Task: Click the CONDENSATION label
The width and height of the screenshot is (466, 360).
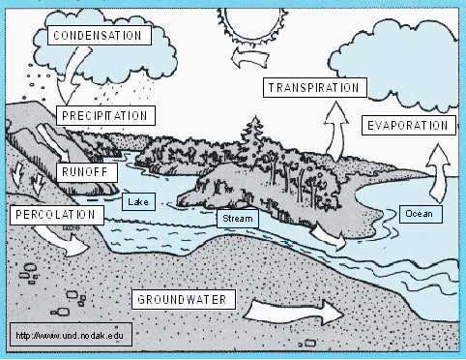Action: click(x=100, y=36)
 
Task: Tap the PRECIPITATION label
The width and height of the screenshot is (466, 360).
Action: click(x=104, y=115)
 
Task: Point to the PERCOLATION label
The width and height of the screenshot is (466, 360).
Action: click(x=55, y=213)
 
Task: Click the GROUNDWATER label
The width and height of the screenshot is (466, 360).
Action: click(x=182, y=299)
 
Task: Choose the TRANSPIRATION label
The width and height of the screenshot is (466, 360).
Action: click(x=313, y=87)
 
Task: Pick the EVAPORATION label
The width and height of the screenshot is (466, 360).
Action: click(x=407, y=126)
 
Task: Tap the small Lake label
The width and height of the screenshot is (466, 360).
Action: click(x=135, y=201)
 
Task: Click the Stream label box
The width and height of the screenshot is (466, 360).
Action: click(x=237, y=219)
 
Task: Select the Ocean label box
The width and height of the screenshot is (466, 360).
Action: click(x=419, y=213)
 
